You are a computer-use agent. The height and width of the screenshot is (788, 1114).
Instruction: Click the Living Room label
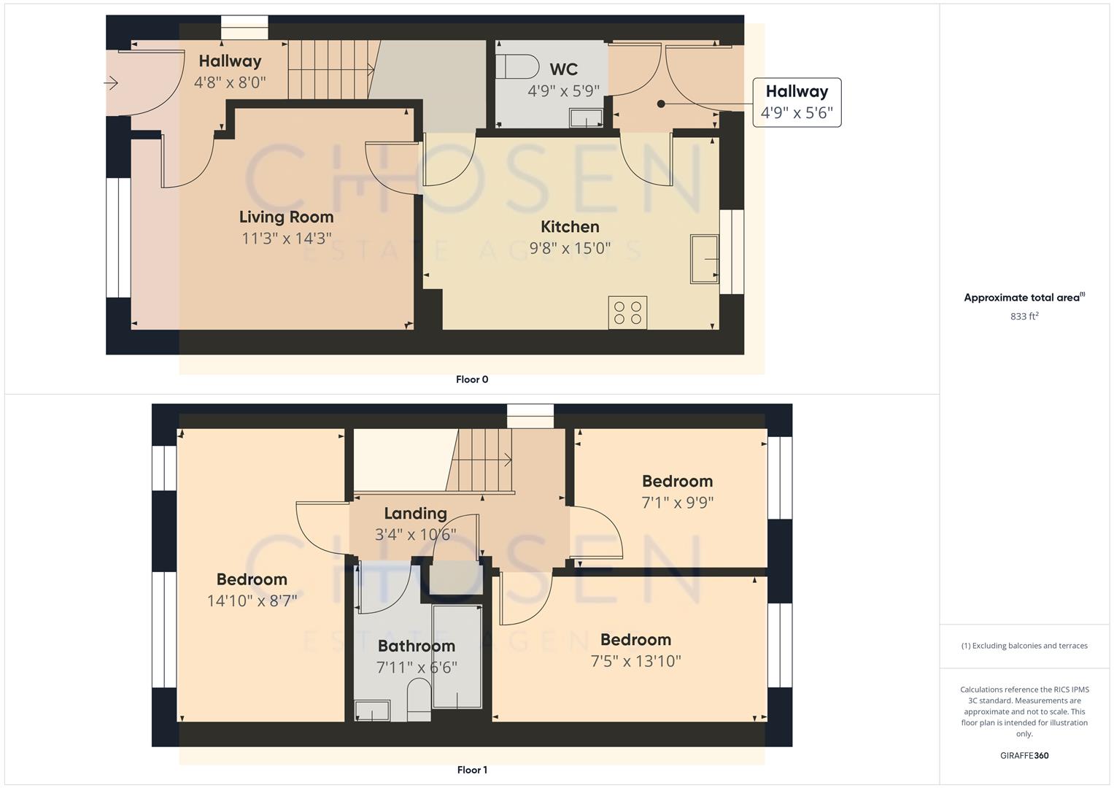click(x=286, y=217)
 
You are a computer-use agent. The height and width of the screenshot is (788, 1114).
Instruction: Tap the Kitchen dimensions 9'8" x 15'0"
click(x=570, y=248)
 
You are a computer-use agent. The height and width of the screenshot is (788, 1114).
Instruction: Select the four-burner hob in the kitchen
click(x=627, y=312)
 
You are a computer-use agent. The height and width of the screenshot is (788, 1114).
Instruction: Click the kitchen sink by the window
click(x=705, y=258)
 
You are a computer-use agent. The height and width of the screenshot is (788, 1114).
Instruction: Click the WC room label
click(x=563, y=69)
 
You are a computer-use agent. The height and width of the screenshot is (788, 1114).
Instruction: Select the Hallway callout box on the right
click(x=797, y=102)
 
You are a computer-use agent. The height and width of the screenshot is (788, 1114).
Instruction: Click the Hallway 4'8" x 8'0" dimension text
click(x=230, y=82)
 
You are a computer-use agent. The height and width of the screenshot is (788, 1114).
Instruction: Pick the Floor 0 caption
click(x=472, y=379)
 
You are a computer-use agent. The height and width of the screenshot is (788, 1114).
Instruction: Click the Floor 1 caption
click(x=472, y=770)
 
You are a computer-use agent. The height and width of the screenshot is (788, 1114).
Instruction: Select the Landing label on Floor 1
click(x=415, y=514)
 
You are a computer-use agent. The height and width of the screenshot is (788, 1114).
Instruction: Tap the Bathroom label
click(x=416, y=646)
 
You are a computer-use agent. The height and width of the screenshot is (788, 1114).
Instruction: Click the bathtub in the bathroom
click(x=457, y=655)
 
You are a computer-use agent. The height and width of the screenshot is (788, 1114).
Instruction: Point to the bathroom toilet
click(x=419, y=698)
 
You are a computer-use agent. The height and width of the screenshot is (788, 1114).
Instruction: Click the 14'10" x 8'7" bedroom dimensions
click(x=252, y=600)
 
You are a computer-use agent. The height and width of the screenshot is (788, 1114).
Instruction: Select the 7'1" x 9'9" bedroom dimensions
click(x=677, y=503)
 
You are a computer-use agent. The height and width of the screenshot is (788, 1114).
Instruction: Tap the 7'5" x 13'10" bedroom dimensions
click(x=635, y=661)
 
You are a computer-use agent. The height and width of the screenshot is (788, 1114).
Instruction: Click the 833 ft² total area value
click(x=1024, y=316)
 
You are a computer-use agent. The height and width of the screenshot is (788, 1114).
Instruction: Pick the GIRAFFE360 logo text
click(x=1024, y=755)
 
